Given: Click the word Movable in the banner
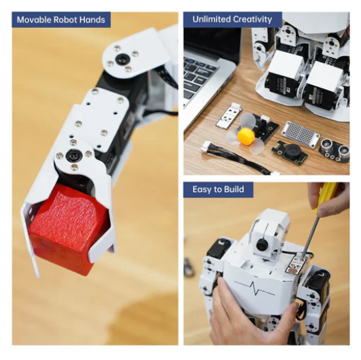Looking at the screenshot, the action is click(34, 20).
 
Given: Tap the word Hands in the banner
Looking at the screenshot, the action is click(92, 20).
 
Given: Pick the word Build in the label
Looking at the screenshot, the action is click(234, 189).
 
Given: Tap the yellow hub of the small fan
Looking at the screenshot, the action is click(246, 137).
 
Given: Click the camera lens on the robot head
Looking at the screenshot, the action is click(261, 245).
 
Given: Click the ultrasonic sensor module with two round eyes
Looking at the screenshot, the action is click(335, 150).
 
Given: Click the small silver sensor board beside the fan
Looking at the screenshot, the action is click(228, 115).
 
